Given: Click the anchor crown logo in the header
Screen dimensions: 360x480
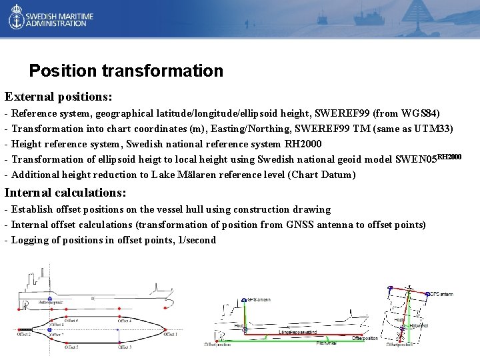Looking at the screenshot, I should point(16,19).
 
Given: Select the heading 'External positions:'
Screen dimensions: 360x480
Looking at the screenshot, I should point(58,97).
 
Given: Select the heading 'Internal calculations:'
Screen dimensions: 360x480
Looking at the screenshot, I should point(65,193).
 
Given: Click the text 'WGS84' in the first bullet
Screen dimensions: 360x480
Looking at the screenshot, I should point(419,113).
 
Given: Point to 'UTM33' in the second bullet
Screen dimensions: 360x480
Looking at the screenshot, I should point(436,129).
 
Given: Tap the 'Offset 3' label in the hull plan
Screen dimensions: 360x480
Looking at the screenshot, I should point(125,347).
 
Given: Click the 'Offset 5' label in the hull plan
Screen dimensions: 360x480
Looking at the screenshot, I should point(71,347).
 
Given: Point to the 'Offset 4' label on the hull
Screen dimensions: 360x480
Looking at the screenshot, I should point(125,321).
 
